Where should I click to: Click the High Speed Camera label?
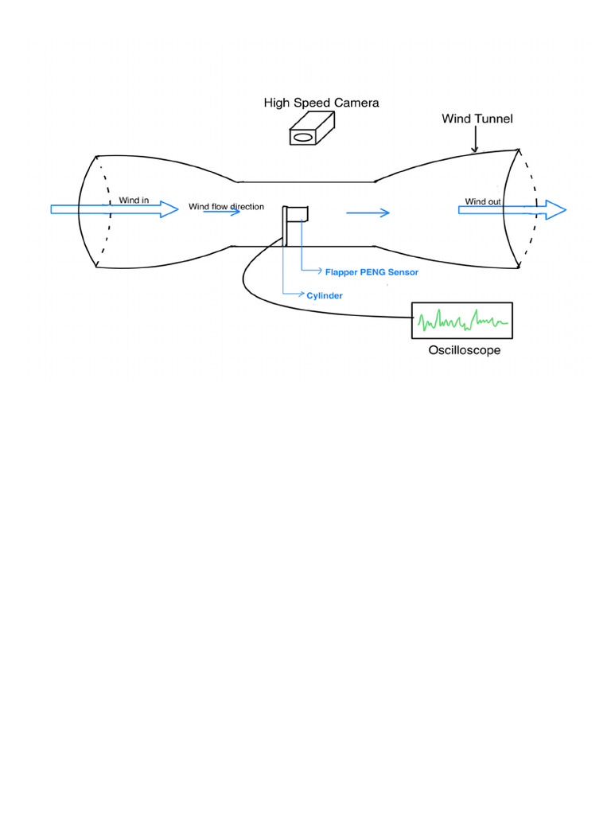(x=321, y=103)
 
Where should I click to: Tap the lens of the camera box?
(x=303, y=138)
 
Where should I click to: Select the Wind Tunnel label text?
(x=477, y=119)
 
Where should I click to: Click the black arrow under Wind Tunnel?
(x=474, y=141)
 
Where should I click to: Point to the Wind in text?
(x=134, y=200)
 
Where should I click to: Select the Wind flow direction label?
(x=226, y=207)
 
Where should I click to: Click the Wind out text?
(x=483, y=201)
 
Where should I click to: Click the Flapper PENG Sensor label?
(x=372, y=272)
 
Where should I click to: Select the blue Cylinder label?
(x=325, y=295)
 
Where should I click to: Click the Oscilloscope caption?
(x=465, y=350)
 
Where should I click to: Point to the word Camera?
(x=356, y=103)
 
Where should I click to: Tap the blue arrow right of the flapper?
(x=368, y=213)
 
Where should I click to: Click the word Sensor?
(x=403, y=272)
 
